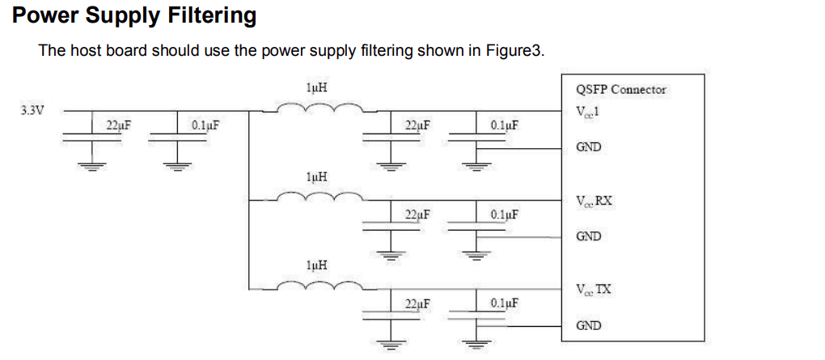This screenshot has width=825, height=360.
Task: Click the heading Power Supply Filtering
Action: pos(134,15)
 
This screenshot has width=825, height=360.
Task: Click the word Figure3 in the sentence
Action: pos(514,51)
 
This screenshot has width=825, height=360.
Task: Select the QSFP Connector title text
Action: pos(620,90)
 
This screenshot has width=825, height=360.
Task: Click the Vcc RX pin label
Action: pos(594,201)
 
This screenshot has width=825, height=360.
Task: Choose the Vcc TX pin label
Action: pos(594,290)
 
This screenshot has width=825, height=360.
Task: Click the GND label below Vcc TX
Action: pos(588,325)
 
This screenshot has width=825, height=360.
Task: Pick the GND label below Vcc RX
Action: pos(588,236)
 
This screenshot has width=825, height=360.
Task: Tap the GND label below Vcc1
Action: pos(588,147)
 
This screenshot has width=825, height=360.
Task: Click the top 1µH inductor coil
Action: pos(319,108)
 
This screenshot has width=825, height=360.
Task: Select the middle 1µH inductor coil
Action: pos(319,197)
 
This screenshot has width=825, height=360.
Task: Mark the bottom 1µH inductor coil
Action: pos(319,286)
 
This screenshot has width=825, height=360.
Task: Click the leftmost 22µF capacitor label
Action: pos(118,125)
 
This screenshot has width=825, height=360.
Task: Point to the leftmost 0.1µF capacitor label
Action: pos(205,125)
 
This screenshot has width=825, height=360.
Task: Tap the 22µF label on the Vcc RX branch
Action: pos(417,215)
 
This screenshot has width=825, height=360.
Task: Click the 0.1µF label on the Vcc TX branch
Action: pos(504,304)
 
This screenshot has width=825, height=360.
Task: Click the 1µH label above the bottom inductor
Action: pos(317,265)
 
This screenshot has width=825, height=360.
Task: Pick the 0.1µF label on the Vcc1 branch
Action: pos(504,125)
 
